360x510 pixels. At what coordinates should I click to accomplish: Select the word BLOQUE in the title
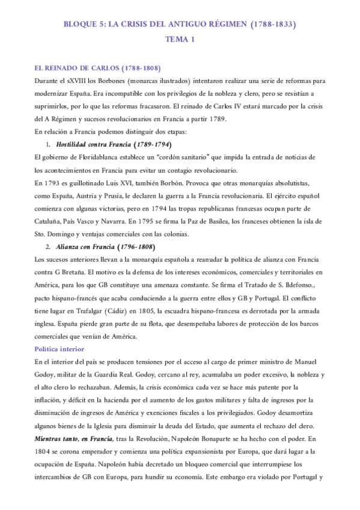point(81,25)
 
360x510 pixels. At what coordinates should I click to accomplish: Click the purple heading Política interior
point(59,348)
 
